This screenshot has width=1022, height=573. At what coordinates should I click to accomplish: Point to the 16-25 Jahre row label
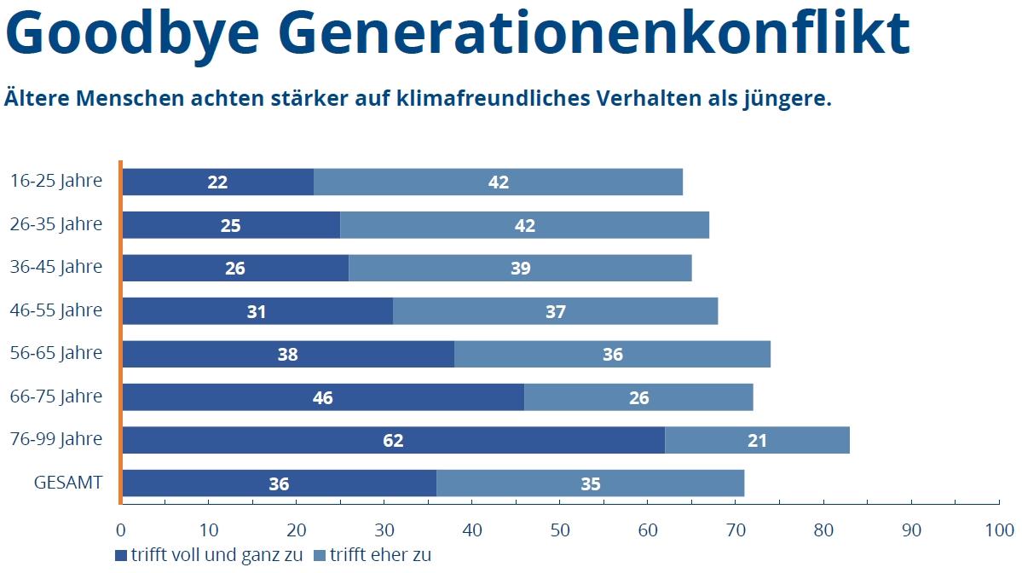click(56, 181)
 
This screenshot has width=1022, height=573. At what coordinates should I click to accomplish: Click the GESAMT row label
click(68, 483)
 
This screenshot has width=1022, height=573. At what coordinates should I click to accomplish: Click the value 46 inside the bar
click(322, 397)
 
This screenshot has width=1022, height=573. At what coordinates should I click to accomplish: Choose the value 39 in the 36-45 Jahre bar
click(520, 269)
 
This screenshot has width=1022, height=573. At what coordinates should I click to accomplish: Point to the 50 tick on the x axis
click(559, 530)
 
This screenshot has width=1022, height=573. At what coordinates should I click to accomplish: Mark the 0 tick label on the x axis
click(121, 530)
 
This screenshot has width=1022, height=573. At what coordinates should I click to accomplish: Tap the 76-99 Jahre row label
click(56, 439)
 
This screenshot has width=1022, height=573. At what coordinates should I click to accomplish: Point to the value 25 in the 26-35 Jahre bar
click(230, 225)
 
